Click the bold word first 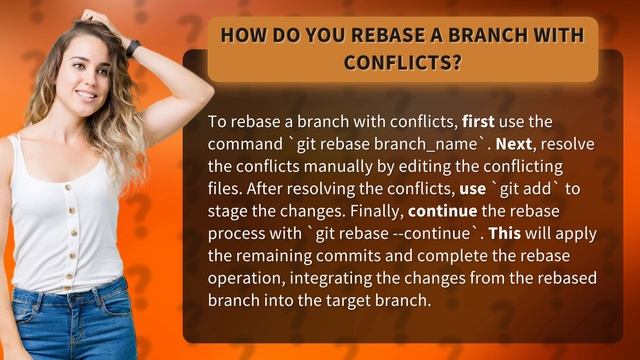tap(479, 122)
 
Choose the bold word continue tap(441, 211)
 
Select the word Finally tap(375, 211)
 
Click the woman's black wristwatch tap(133, 48)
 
